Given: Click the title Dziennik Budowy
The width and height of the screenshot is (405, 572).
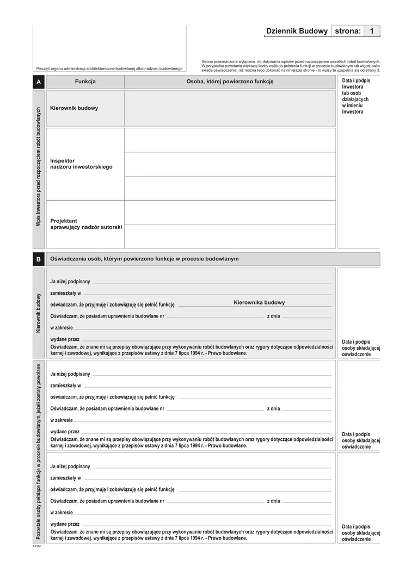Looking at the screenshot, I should [296, 32].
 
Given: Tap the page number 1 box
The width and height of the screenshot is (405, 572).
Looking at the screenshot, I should [371, 32].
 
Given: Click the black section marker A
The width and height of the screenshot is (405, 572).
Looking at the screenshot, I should [38, 82].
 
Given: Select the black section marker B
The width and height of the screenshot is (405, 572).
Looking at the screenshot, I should [38, 259].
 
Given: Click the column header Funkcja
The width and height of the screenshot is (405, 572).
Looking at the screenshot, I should [85, 82].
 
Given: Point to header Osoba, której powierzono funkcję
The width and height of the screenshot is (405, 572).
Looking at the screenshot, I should [230, 82].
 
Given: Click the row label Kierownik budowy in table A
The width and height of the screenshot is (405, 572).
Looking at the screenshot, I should [74, 108].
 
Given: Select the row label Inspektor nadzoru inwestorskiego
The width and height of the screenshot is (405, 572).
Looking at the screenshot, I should [81, 164].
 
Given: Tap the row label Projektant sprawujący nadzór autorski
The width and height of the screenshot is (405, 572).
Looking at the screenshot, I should [86, 223].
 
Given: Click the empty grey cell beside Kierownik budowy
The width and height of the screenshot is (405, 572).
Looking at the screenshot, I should [230, 108].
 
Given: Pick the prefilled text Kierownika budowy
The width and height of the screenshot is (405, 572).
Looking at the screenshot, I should [259, 302].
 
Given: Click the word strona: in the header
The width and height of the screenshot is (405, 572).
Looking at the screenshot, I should [348, 32].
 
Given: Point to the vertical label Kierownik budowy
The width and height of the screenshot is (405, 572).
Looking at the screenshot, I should [38, 313].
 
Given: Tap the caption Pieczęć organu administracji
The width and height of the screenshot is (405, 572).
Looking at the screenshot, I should [109, 69].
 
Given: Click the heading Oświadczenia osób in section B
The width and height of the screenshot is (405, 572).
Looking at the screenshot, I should [144, 259].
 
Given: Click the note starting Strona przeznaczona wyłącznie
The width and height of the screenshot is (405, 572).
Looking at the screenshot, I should [291, 66].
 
